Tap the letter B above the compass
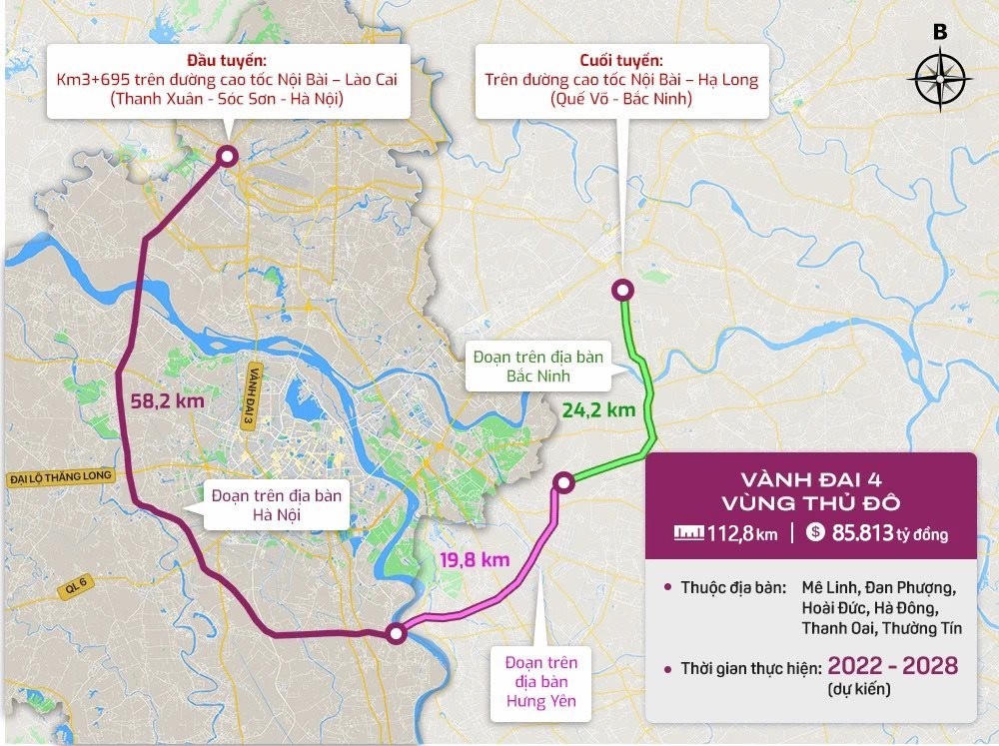(940, 32)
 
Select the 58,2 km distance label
(168, 400)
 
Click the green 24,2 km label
(598, 409)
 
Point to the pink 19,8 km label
(475, 559)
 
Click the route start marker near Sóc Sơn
(228, 155)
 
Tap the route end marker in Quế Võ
(622, 290)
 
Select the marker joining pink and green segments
(563, 482)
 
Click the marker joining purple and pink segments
(397, 632)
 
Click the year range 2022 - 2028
(891, 666)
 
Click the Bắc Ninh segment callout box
(538, 367)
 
